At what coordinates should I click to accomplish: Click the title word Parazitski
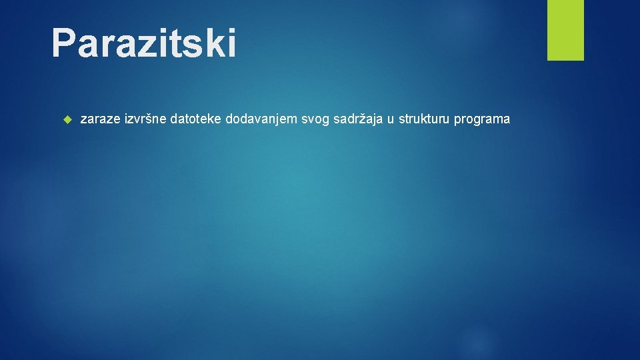click(x=143, y=43)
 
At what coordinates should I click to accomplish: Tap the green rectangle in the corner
click(x=565, y=29)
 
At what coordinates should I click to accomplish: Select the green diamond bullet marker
click(x=66, y=120)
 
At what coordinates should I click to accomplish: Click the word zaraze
click(x=100, y=120)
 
